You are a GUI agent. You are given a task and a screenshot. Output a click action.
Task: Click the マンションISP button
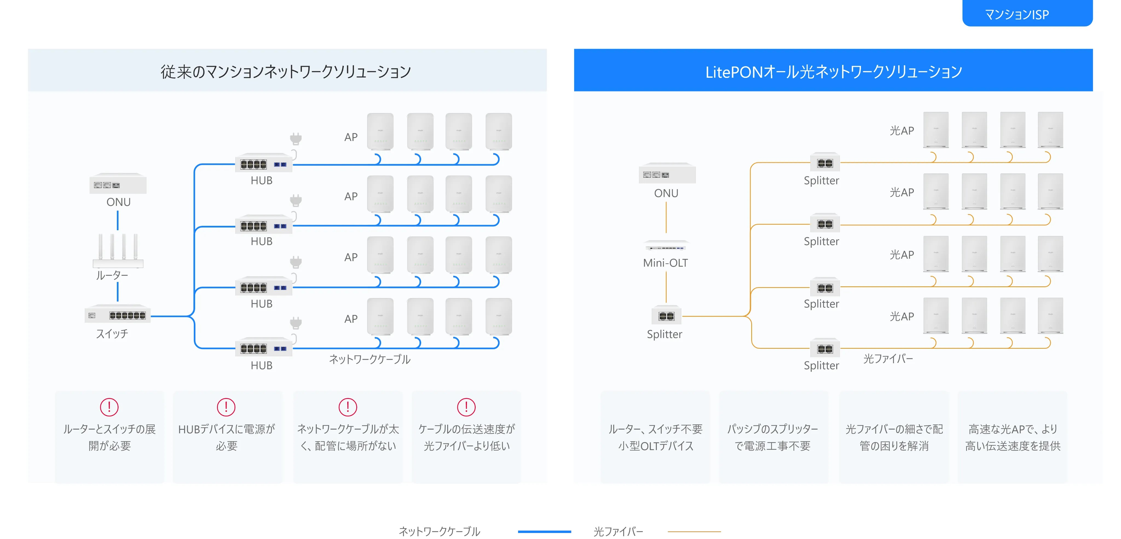[1027, 14]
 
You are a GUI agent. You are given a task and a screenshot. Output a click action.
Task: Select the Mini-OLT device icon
[666, 247]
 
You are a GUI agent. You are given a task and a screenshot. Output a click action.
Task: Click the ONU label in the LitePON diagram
[666, 193]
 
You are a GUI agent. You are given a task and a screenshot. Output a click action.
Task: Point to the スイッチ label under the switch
[112, 334]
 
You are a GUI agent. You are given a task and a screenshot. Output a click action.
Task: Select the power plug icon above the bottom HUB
[296, 323]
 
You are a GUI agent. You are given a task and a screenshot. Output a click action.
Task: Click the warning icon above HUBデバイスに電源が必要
[226, 407]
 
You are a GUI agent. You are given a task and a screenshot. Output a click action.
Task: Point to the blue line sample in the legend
[544, 532]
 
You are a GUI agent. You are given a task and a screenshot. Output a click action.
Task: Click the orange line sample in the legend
[694, 532]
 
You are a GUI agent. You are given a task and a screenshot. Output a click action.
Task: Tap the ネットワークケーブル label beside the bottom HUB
[369, 359]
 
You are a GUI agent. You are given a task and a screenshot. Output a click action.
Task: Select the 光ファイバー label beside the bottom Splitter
[888, 359]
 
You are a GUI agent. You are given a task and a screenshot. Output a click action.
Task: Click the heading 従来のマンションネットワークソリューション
[286, 72]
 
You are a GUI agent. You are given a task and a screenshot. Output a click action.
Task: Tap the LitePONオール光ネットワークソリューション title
[833, 72]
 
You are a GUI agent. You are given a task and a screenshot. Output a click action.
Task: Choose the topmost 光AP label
[902, 131]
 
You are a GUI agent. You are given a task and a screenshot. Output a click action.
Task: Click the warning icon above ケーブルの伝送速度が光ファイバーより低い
[466, 407]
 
